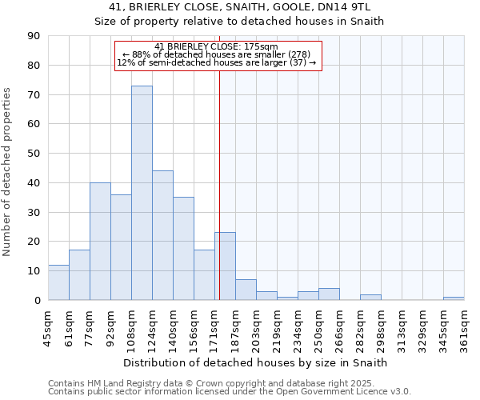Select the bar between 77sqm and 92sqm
[x=100, y=241]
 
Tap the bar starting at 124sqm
[x=162, y=235]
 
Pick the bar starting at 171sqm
[x=225, y=266]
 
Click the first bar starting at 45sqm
[x=58, y=282]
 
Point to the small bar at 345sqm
[x=454, y=298]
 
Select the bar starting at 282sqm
[x=370, y=297]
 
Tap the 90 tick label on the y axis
[x=34, y=36]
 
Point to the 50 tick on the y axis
[x=34, y=154]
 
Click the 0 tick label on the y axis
[x=37, y=300]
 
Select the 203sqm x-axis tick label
[x=256, y=328]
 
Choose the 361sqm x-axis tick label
[x=464, y=328]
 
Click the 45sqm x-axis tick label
[x=48, y=328]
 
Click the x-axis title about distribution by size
[x=256, y=362]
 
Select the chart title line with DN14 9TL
[x=239, y=7]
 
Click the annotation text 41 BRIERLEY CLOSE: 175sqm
[x=217, y=46]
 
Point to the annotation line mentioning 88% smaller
[x=217, y=54]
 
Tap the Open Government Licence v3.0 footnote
[x=230, y=392]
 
